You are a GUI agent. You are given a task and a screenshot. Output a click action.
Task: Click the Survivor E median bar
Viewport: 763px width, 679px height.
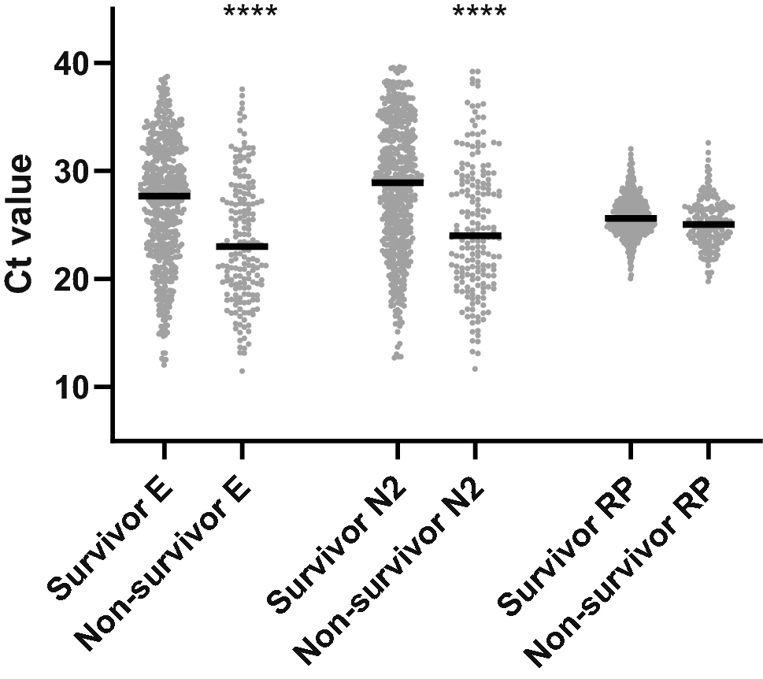click(x=164, y=195)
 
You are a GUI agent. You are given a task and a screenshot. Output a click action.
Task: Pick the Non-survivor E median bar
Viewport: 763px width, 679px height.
click(x=242, y=247)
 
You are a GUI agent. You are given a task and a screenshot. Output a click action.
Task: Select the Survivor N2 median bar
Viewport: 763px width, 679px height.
click(x=398, y=183)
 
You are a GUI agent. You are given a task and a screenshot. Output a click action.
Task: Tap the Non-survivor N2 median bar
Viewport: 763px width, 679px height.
click(x=475, y=236)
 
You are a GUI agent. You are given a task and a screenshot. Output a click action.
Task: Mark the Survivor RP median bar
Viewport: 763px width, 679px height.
click(x=631, y=218)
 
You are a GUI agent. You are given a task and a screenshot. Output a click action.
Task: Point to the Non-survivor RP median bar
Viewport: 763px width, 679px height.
click(x=709, y=224)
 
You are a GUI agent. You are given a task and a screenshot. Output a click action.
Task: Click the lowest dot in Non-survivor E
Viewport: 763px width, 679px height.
click(x=242, y=370)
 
